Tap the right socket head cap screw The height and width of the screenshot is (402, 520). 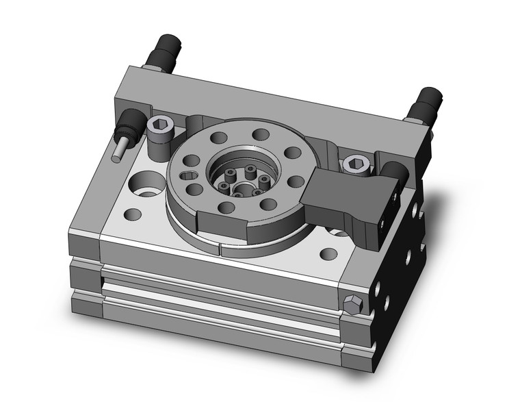click(354, 164)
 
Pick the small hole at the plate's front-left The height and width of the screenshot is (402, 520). click(134, 214)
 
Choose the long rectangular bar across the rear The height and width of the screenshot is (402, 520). click(274, 103)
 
